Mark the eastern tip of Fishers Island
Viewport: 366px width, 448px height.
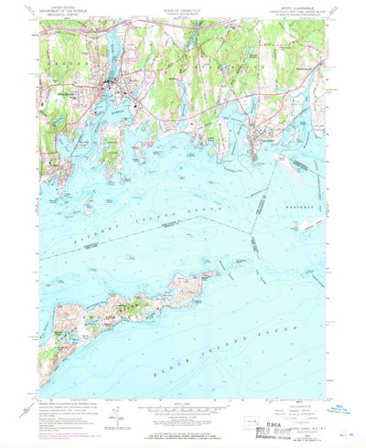point(218,272)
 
